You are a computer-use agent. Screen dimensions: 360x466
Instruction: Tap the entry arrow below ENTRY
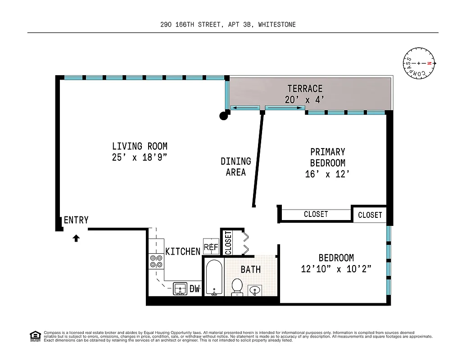[76, 238]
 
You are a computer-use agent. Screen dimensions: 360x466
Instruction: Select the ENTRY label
[76, 220]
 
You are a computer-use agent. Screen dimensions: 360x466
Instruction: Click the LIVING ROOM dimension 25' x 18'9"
[140, 157]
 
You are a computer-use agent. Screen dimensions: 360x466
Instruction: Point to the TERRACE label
[305, 89]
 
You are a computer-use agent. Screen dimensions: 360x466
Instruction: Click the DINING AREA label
[235, 166]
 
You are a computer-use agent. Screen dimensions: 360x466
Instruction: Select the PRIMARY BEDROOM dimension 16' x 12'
[327, 174]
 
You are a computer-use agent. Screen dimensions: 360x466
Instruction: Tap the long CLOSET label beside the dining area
[316, 214]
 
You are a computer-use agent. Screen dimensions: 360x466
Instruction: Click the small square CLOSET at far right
[370, 215]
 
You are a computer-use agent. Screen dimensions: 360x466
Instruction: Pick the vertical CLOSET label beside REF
[228, 243]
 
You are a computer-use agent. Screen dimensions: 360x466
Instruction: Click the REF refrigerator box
[211, 247]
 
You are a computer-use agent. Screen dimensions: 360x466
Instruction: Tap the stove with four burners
[156, 261]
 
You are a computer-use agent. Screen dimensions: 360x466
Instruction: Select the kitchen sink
[180, 289]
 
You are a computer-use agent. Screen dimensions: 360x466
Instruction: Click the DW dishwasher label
[195, 289]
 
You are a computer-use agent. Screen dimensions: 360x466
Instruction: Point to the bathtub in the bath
[214, 277]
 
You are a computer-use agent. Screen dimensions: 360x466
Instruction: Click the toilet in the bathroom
[237, 286]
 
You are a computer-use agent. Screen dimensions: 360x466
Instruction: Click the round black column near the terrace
[223, 116]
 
